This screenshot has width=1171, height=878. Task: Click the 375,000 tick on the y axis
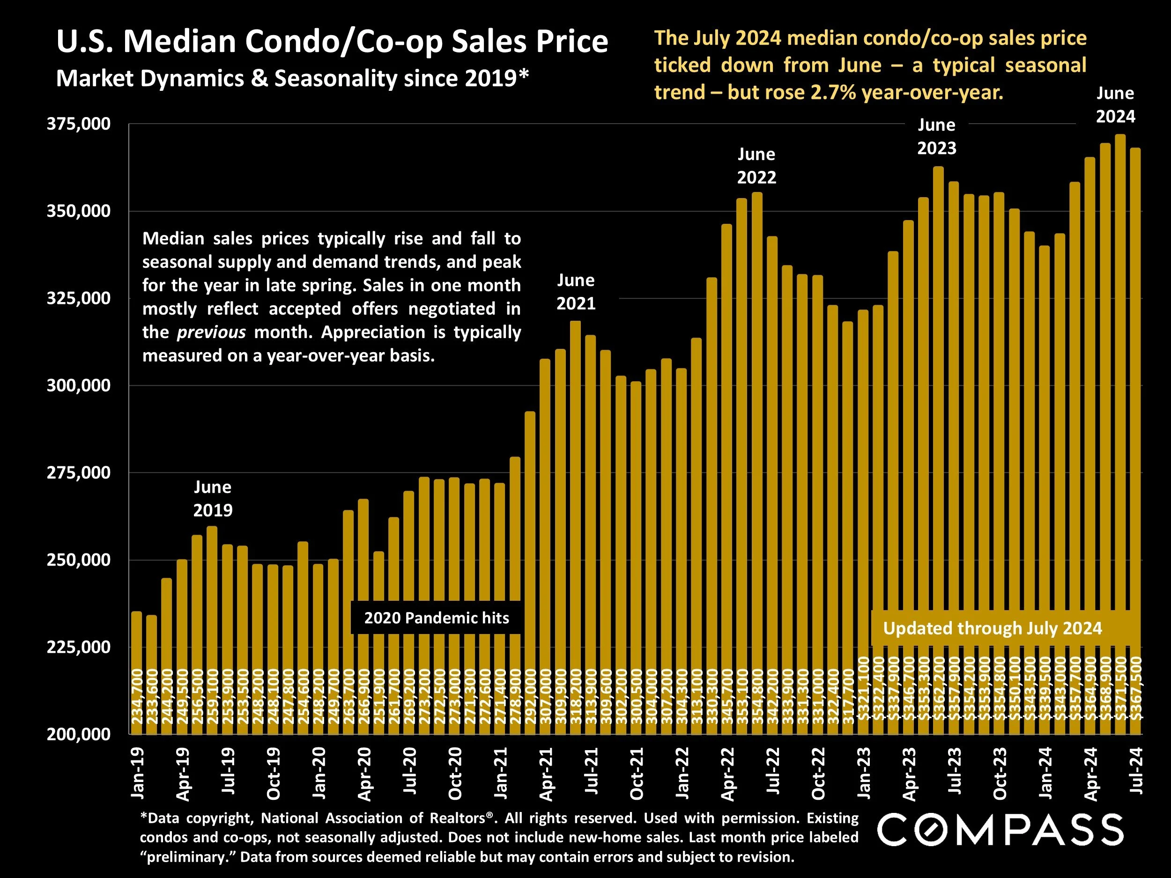78,124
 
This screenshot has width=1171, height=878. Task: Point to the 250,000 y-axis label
78,560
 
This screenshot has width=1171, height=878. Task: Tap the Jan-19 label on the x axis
137,773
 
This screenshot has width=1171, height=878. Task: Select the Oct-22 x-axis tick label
818,773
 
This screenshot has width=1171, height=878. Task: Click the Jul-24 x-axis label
1135,773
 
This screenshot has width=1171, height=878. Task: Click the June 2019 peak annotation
212,498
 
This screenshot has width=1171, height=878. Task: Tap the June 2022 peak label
756,166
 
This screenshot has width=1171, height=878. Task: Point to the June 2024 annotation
1115,104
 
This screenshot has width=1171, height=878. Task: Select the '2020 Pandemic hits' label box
436,618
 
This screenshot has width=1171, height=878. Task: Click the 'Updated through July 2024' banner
992,628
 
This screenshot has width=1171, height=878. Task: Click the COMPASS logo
1000,829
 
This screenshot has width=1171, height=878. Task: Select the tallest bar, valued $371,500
1120,423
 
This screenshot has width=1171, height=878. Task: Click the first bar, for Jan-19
137,672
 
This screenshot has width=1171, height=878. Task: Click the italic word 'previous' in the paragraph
211,332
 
